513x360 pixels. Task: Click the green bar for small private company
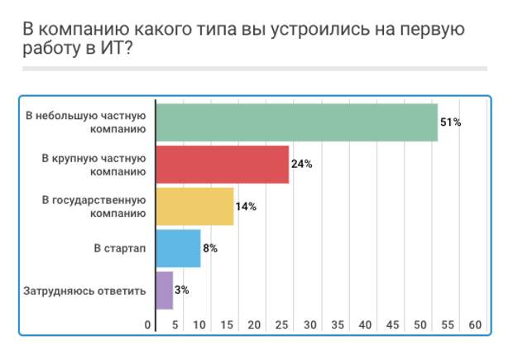click(296, 122)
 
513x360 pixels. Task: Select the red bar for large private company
click(222, 164)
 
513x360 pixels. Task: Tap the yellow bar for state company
click(194, 206)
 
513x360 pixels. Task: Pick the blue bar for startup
click(178, 248)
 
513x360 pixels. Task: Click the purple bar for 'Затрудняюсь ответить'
click(164, 290)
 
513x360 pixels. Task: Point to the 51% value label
click(450, 122)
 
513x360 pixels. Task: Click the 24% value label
click(301, 164)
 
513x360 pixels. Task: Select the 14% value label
click(246, 206)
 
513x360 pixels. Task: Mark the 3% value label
click(182, 290)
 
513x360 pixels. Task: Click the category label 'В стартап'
click(119, 248)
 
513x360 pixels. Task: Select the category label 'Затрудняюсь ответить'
click(86, 290)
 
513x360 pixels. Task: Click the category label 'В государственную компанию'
click(93, 206)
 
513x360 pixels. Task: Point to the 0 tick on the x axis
click(148, 325)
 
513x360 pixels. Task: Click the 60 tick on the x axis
click(475, 325)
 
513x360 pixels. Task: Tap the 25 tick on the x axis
click(281, 325)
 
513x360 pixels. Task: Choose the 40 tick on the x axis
click(365, 325)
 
